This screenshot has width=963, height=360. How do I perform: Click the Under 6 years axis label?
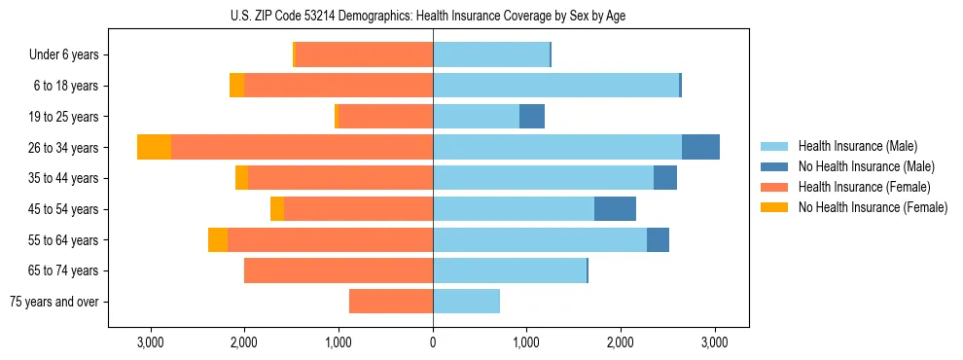63,54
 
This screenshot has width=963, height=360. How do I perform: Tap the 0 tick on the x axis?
433,343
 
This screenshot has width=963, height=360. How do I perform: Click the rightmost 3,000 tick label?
715,343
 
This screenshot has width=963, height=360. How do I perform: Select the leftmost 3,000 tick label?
151,343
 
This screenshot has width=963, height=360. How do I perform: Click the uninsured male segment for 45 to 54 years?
615,209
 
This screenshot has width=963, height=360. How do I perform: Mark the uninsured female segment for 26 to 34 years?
154,147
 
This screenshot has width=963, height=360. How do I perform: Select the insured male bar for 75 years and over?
466,302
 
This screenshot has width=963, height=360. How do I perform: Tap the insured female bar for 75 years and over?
391,302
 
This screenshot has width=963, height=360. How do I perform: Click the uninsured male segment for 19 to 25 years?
532,117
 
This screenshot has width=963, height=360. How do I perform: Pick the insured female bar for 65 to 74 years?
339,270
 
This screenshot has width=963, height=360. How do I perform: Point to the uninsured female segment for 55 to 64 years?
218,239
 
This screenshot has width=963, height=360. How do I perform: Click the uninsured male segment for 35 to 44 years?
665,178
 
